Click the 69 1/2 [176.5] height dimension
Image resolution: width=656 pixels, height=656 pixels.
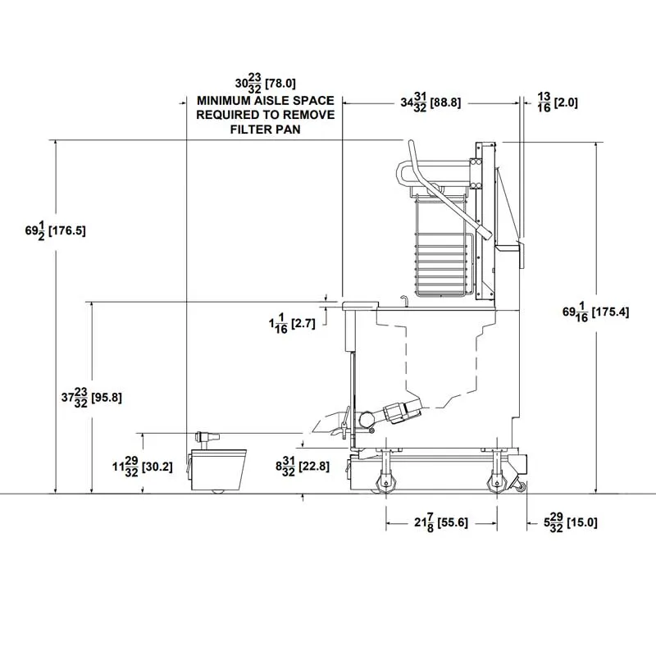point(55,230)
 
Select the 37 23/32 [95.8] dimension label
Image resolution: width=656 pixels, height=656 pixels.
point(92,398)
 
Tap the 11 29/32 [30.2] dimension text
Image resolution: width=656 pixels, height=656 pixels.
point(143,467)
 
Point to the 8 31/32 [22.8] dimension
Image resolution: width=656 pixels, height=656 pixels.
point(303,466)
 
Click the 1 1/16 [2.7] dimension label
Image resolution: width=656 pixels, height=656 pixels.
point(292,323)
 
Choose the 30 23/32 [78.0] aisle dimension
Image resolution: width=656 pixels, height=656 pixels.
point(265,84)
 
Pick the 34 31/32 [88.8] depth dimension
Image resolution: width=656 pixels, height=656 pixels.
point(431,102)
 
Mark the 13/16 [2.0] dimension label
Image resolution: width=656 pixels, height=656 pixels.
point(558,102)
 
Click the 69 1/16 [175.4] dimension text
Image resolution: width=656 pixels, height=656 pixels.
point(596,312)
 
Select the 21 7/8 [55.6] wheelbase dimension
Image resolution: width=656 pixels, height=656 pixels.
point(441,522)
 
